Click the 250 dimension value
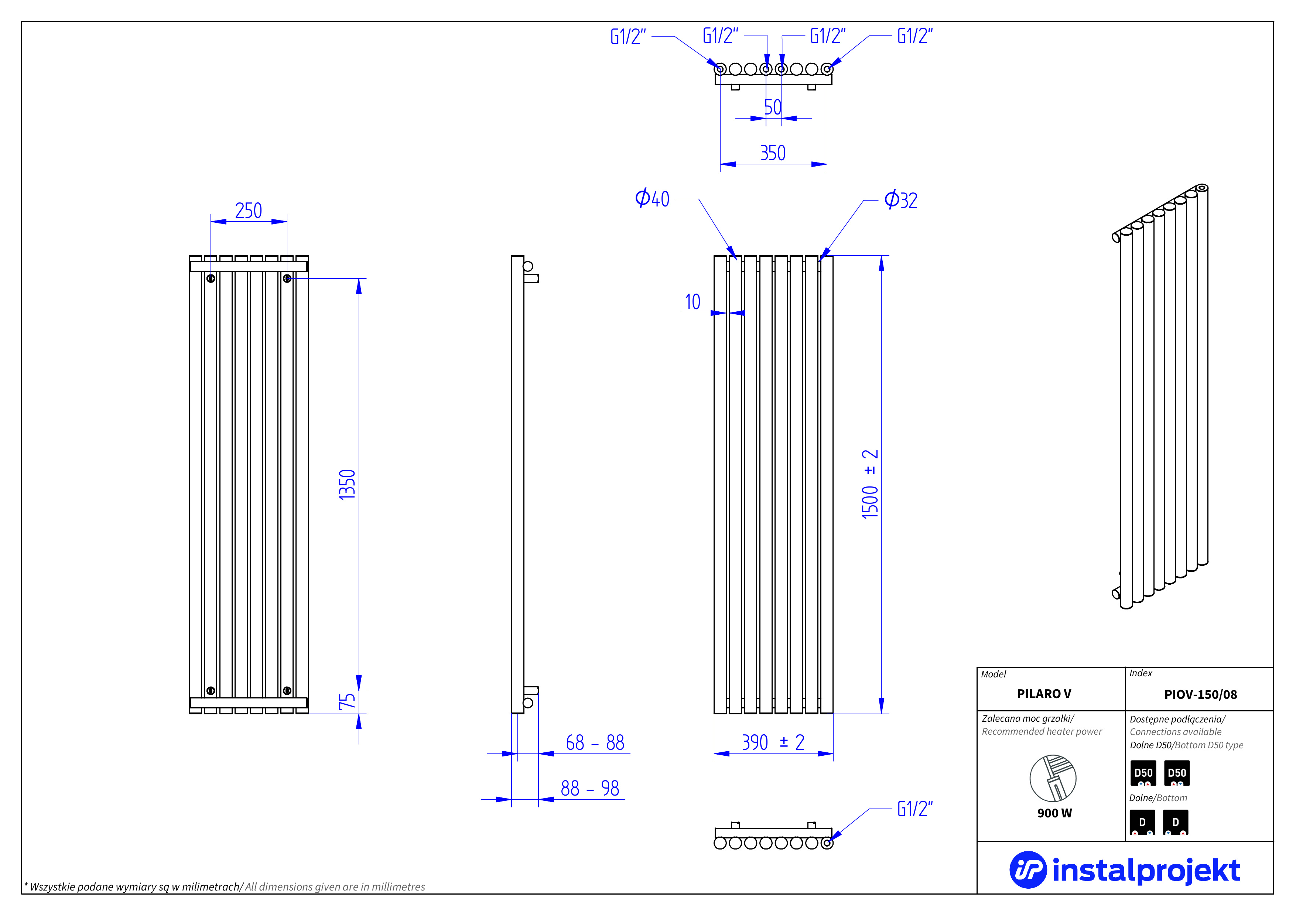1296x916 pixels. coord(248,211)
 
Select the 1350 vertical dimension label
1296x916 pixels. coord(347,484)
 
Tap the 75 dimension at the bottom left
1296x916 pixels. coord(347,701)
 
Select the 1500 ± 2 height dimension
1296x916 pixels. coord(870,484)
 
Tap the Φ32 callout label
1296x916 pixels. coord(901,200)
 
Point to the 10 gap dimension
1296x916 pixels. coord(693,302)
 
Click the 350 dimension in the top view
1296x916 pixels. coord(773,153)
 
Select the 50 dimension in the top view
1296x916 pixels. coord(773,107)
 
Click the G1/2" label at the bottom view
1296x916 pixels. coord(915,809)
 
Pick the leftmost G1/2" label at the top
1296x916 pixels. coord(628,37)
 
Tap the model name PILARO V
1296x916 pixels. coord(1044,694)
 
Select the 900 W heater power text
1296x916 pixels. coord(1054,813)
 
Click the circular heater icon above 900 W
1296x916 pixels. coord(1053,778)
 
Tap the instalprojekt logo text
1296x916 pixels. coord(1146,870)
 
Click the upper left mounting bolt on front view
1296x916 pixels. coord(211,278)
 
